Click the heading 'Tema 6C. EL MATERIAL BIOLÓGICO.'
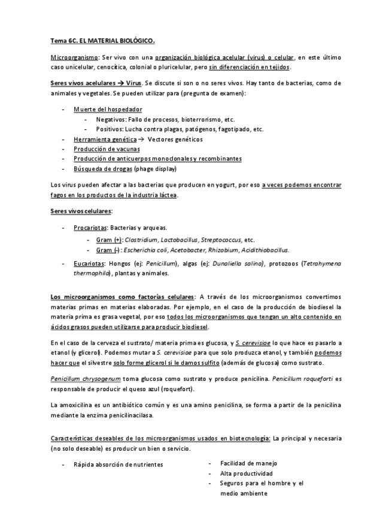point(102,41)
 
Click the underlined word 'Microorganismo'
point(74,57)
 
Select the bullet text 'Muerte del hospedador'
point(108,109)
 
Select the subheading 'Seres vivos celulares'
point(81,211)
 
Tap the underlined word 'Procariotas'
point(90,228)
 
